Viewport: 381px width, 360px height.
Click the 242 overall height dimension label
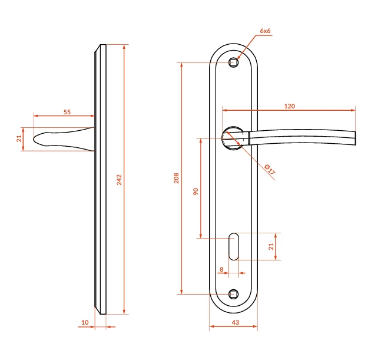[119, 180]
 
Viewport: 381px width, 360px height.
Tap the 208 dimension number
[176, 178]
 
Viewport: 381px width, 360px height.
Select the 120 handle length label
[289, 106]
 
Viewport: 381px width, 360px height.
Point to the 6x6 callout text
[265, 31]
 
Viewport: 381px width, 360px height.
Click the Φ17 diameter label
[270, 169]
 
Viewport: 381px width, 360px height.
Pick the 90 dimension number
[196, 191]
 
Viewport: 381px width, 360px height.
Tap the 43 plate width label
[235, 322]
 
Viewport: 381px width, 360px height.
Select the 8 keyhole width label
[221, 269]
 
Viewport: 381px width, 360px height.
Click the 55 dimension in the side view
[67, 112]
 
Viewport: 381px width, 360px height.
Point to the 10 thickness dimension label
[85, 322]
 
